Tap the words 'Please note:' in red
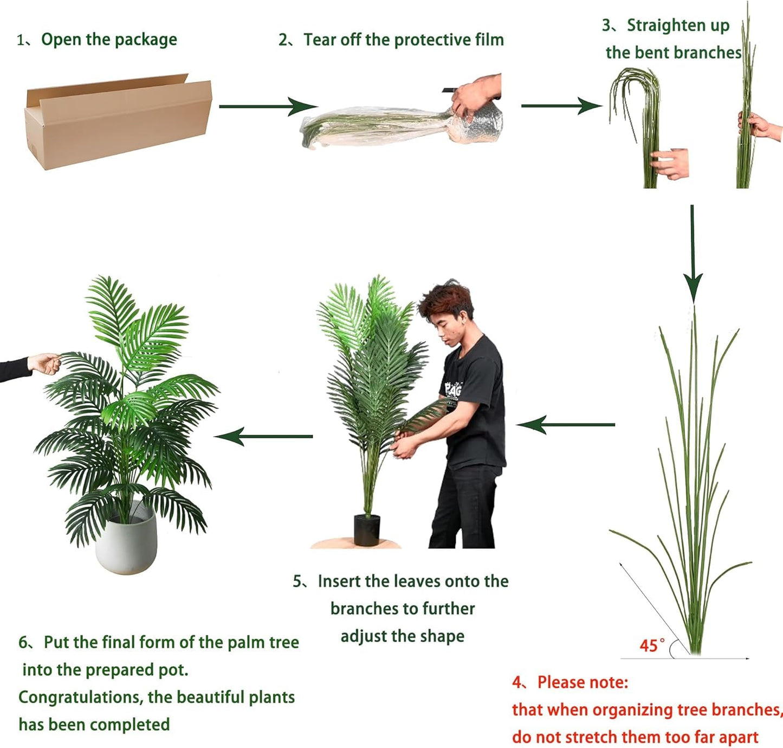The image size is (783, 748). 583,682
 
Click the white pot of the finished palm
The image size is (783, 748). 126,545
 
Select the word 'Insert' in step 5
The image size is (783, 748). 339,581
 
